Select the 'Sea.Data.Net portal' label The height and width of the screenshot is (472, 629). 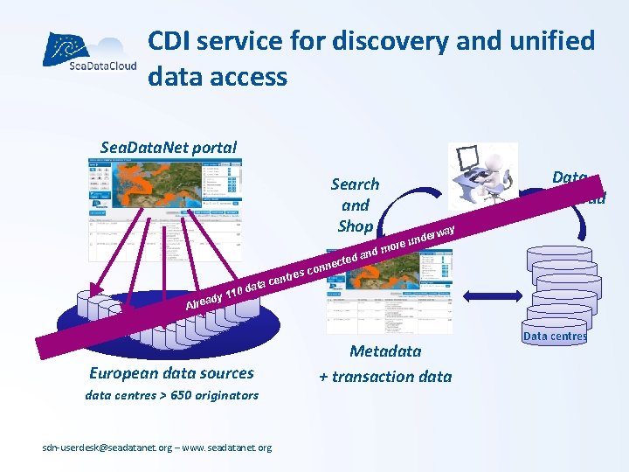click(x=169, y=147)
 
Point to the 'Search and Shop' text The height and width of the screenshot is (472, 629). click(x=355, y=205)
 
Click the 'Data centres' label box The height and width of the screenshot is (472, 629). click(x=555, y=336)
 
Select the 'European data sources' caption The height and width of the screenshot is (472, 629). click(x=171, y=373)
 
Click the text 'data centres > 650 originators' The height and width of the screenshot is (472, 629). click(x=171, y=395)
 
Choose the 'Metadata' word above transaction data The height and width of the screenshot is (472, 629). click(x=385, y=351)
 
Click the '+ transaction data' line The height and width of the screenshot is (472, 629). click(x=385, y=377)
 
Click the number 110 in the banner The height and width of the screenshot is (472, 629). click(x=233, y=292)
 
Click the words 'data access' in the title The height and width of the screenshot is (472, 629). click(x=218, y=77)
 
